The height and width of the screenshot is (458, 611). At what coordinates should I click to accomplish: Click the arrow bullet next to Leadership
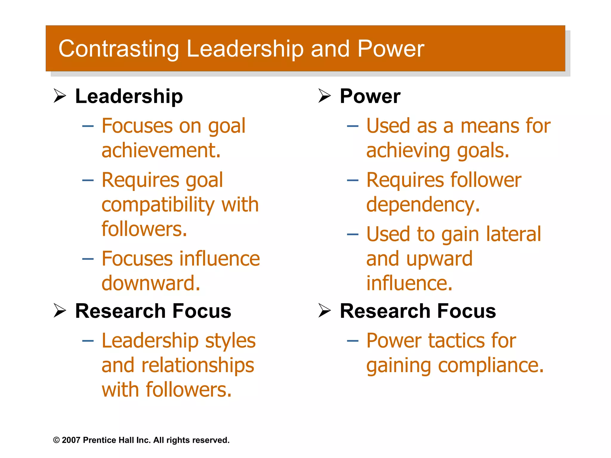tap(60, 96)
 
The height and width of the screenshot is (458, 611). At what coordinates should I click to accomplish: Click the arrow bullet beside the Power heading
tap(324, 96)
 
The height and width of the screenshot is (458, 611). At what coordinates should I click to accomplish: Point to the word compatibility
tap(158, 205)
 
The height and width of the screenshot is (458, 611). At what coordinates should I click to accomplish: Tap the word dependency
tap(423, 205)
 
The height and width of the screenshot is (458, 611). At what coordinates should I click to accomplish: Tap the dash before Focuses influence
tap(88, 259)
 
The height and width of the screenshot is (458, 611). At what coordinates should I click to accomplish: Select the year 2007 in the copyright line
tap(71, 440)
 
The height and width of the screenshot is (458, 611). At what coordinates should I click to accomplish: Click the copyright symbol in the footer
tap(56, 440)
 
